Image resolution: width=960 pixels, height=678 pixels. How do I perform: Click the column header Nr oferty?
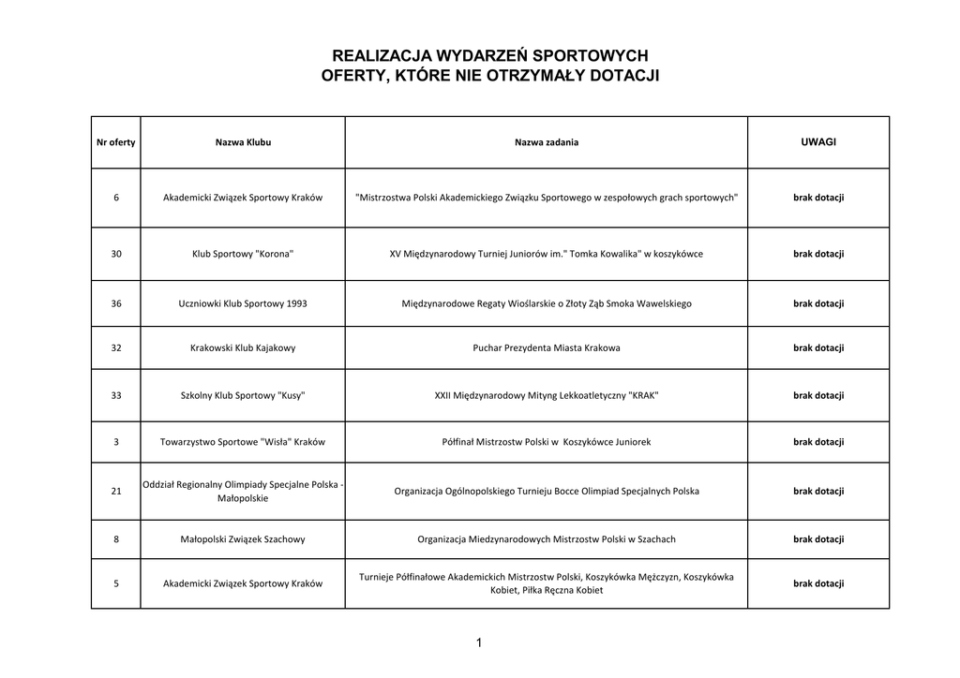click(x=115, y=142)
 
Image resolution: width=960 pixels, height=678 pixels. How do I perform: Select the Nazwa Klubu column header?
click(x=243, y=142)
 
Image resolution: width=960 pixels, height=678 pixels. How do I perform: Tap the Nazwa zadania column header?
click(x=547, y=142)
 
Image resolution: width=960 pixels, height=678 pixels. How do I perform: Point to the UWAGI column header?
click(x=818, y=142)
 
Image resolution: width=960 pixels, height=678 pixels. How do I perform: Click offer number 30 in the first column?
click(x=115, y=254)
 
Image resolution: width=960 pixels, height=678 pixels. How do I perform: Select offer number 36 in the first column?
click(x=115, y=303)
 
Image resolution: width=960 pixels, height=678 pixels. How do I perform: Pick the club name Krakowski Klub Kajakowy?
click(x=243, y=347)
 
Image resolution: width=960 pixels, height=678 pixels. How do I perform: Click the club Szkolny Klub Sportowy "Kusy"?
click(x=243, y=395)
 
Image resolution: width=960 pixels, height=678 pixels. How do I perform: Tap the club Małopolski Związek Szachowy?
click(x=243, y=538)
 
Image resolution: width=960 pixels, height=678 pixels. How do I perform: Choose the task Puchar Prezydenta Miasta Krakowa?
click(x=547, y=347)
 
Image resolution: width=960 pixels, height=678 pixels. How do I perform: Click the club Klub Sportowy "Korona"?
click(x=243, y=254)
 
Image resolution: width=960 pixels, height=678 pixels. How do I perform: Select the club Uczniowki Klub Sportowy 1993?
click(x=243, y=303)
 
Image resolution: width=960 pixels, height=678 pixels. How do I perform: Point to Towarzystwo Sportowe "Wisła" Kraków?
click(x=243, y=441)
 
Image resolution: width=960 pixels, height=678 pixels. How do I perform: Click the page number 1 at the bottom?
click(x=479, y=642)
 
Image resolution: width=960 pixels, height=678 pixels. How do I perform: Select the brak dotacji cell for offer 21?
click(x=818, y=491)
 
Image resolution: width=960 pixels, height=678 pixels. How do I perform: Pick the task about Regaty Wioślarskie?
click(x=547, y=303)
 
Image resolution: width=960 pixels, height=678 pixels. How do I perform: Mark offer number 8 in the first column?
click(x=115, y=538)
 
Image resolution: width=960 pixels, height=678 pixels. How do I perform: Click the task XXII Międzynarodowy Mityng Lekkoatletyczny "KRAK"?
click(x=547, y=395)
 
